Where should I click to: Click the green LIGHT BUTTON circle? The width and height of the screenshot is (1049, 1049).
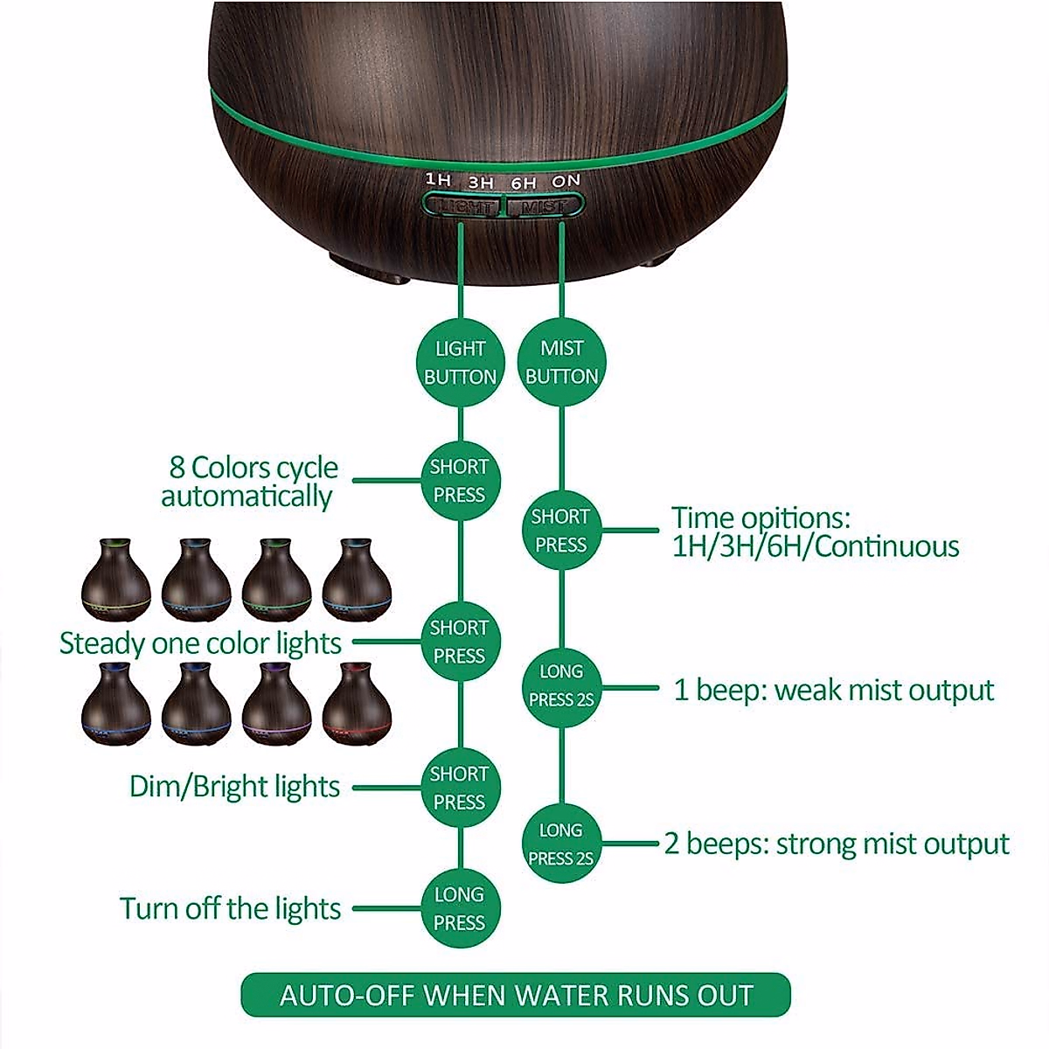click(460, 363)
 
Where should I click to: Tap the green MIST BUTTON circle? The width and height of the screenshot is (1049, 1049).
click(561, 362)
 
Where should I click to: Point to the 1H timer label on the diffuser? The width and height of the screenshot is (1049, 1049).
click(439, 180)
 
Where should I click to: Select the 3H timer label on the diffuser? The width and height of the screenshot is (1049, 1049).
click(481, 183)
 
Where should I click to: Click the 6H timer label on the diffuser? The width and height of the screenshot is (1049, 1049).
click(524, 183)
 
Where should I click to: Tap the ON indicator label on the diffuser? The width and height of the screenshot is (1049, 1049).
click(566, 181)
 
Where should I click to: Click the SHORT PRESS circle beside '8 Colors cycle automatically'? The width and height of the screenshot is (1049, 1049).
click(460, 481)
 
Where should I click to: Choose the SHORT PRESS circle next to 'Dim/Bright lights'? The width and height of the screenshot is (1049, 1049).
click(460, 788)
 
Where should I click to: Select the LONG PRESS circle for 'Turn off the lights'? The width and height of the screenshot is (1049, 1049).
click(460, 908)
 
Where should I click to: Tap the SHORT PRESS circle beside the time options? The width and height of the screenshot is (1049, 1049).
click(561, 531)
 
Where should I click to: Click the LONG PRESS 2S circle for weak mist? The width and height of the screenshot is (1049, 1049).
click(561, 686)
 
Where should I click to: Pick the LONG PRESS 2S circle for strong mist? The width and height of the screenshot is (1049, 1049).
click(561, 844)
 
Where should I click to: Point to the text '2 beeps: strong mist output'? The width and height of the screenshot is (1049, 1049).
click(837, 844)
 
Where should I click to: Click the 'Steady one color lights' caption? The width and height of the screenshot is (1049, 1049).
click(200, 643)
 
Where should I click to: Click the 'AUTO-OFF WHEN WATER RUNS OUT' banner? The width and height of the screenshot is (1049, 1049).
click(516, 995)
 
